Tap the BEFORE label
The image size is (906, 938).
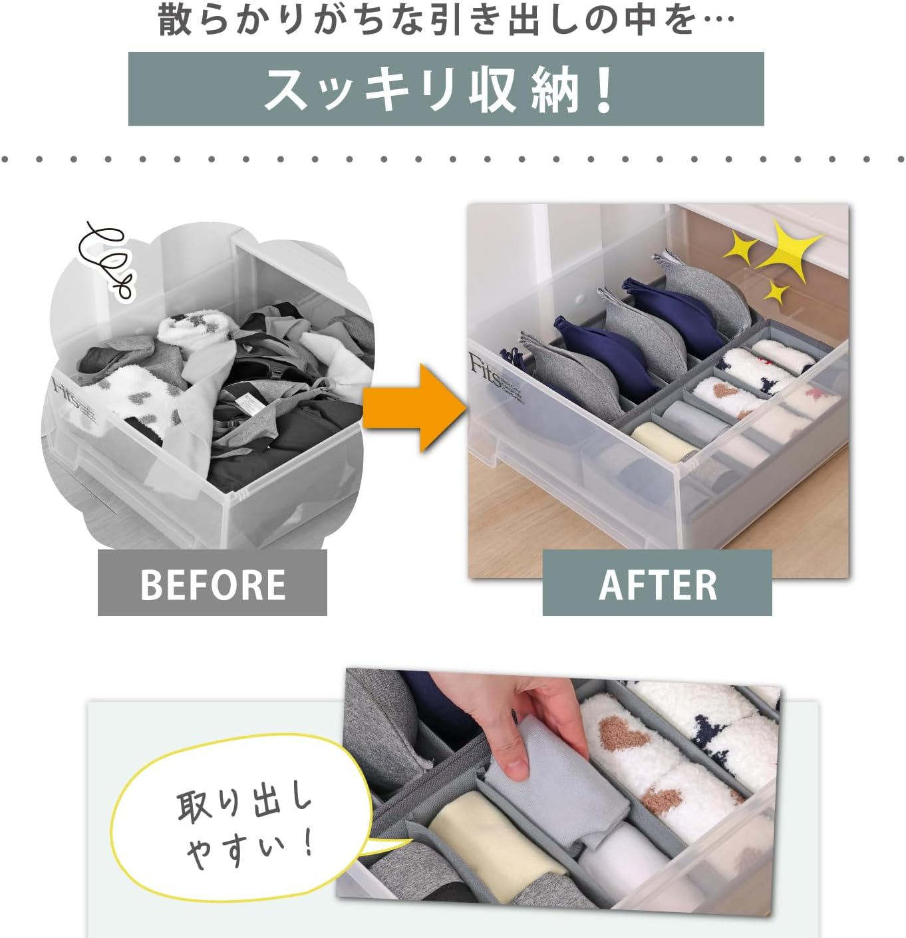tap(212, 583)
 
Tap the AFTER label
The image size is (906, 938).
tap(657, 583)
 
